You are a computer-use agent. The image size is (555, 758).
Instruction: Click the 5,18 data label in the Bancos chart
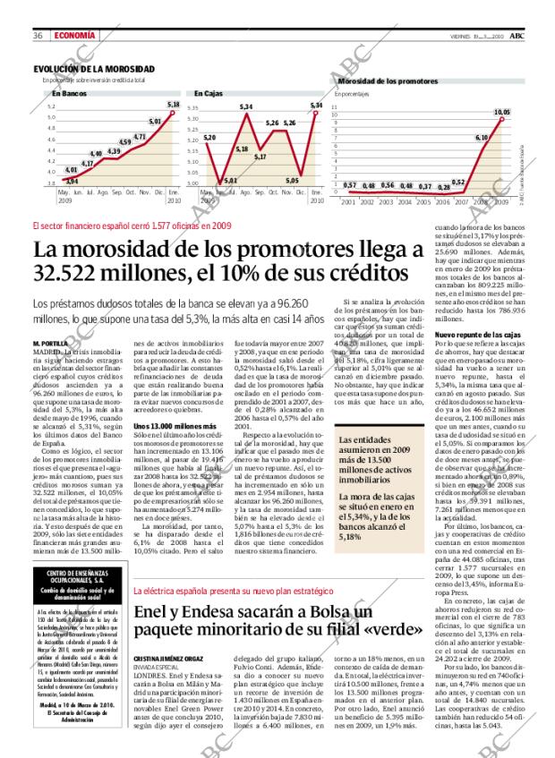click(x=173, y=105)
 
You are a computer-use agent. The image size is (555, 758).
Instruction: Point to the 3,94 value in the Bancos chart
click(x=72, y=181)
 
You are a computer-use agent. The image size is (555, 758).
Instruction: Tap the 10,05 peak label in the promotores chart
click(x=501, y=112)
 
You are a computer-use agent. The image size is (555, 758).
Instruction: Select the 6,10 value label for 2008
click(x=481, y=137)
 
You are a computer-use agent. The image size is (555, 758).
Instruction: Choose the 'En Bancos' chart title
click(x=69, y=93)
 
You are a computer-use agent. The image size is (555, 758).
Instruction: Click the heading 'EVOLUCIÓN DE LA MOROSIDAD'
click(x=93, y=69)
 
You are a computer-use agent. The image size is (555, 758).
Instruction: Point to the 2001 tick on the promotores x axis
click(x=348, y=203)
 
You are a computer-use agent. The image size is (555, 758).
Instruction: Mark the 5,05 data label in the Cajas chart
click(x=292, y=180)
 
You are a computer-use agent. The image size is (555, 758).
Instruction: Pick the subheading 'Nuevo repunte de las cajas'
click(x=477, y=335)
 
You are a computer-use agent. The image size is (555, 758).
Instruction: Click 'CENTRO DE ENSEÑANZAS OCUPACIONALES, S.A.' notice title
click(x=76, y=551)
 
